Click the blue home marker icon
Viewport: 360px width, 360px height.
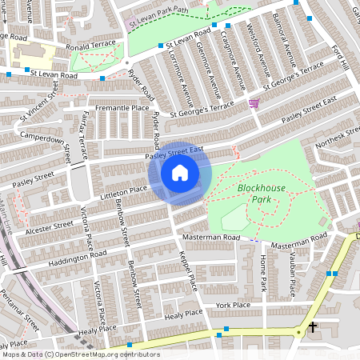[x=180, y=173]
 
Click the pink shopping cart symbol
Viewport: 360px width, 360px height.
[x=254, y=102]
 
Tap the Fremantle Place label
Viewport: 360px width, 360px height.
[x=122, y=108]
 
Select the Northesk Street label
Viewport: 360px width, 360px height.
[x=338, y=137]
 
